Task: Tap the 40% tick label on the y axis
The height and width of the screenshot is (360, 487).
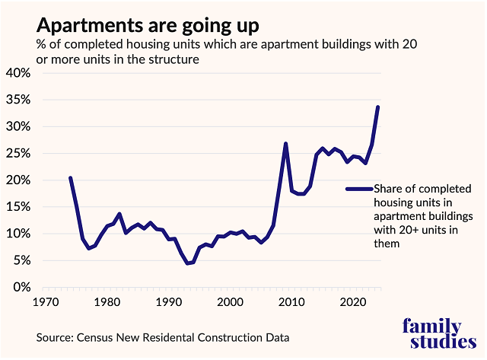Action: (x=18, y=73)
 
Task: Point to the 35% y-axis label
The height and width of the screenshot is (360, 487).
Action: (x=18, y=100)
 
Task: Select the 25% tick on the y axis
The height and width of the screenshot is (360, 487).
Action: (x=18, y=154)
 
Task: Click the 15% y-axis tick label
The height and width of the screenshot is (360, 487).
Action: (x=18, y=207)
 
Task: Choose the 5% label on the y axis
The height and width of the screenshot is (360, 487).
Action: (x=21, y=260)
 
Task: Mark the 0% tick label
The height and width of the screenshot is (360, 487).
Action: (x=21, y=288)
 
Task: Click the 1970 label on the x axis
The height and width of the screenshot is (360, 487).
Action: (x=47, y=302)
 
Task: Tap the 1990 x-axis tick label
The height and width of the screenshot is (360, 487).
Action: (x=169, y=302)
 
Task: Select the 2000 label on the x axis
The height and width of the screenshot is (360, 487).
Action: (x=230, y=302)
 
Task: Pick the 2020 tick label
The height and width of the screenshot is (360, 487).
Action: (x=351, y=302)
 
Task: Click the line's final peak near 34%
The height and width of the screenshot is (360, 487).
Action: (x=378, y=107)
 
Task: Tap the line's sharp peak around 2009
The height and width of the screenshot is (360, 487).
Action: (x=285, y=144)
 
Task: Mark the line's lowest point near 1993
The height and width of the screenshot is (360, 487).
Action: (x=187, y=263)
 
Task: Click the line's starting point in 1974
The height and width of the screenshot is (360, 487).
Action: (x=71, y=178)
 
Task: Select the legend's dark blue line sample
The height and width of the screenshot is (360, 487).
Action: (x=358, y=189)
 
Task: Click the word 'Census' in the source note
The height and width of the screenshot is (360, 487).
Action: (x=94, y=336)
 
